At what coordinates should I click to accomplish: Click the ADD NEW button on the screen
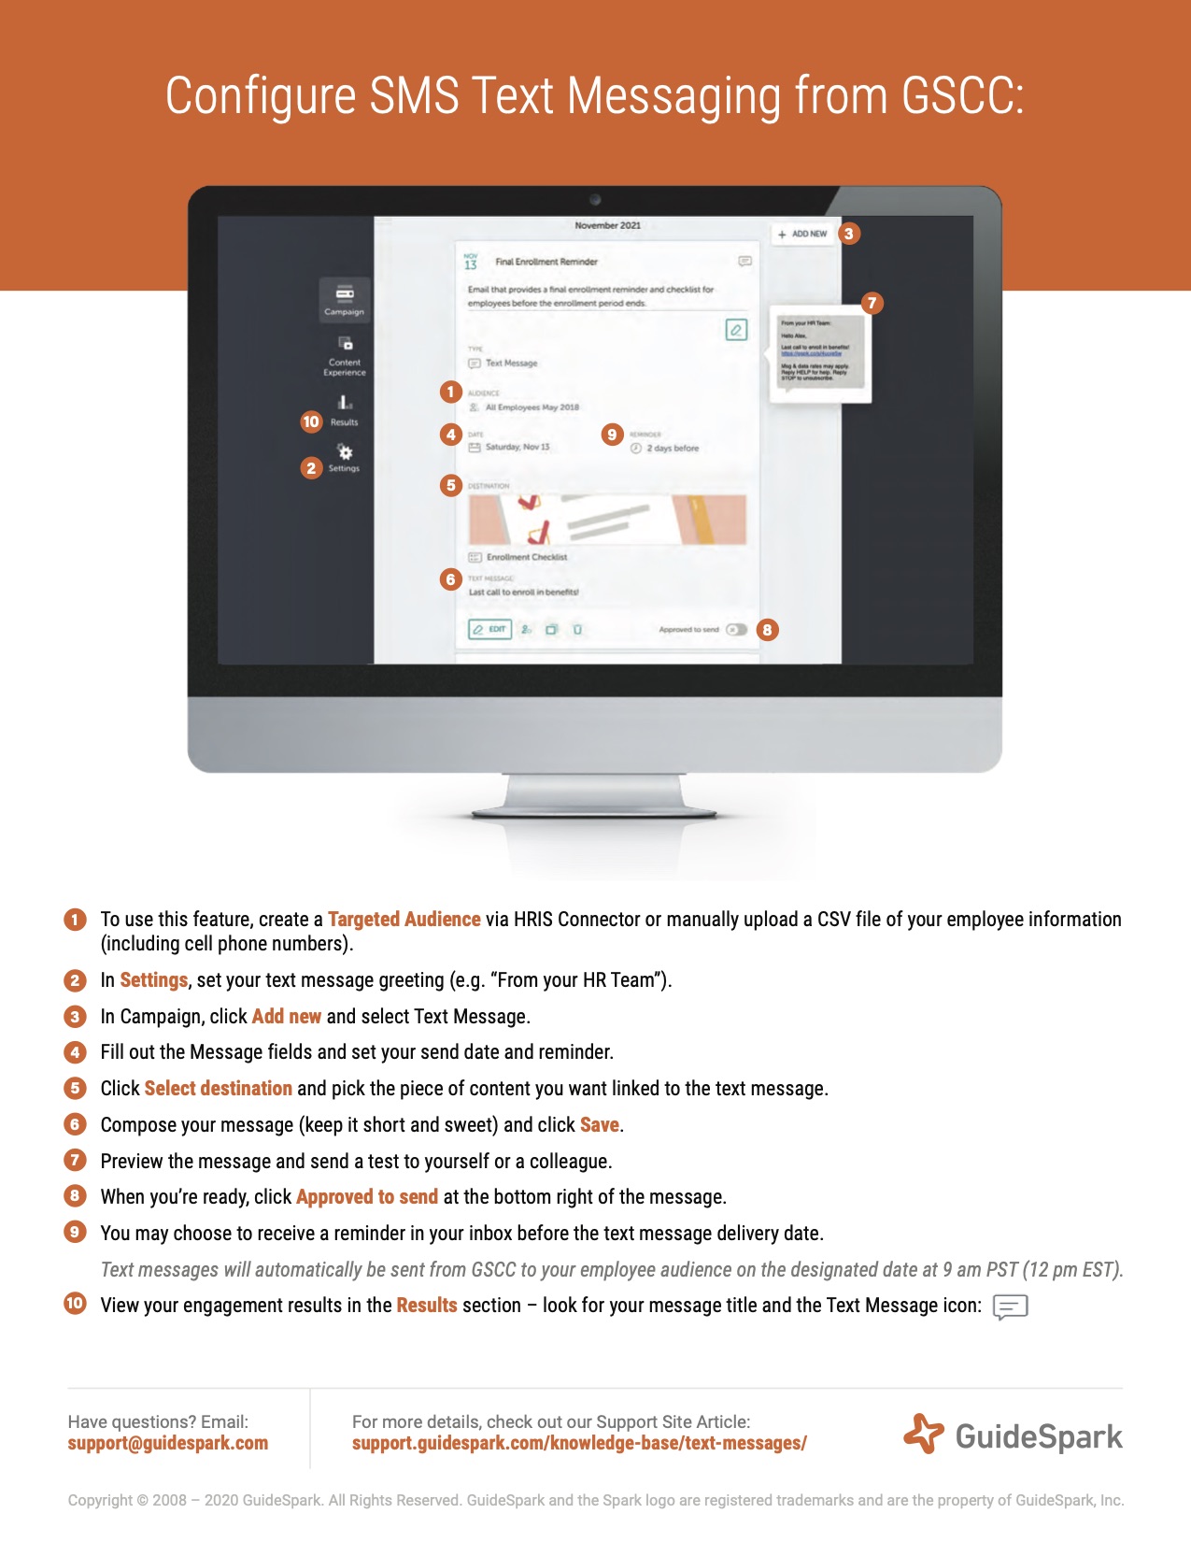[802, 234]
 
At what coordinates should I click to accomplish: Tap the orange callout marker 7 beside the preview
[872, 303]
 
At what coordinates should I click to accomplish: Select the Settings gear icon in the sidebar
[345, 452]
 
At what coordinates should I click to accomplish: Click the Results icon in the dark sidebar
[345, 403]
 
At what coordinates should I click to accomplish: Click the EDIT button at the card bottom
[489, 629]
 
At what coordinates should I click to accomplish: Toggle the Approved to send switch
[736, 629]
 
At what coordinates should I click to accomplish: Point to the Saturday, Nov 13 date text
[518, 447]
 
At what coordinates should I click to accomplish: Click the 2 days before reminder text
[673, 449]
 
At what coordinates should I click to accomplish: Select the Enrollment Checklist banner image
[607, 520]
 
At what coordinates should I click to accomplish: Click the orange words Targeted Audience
[404, 920]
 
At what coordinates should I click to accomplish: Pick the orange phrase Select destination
[218, 1089]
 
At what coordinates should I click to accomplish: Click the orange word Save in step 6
[599, 1125]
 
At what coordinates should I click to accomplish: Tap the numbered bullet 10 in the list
[75, 1304]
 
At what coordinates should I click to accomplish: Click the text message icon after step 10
[1010, 1306]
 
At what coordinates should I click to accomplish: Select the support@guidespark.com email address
[168, 1443]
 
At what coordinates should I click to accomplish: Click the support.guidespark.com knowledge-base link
[579, 1443]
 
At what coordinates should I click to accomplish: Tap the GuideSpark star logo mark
[923, 1434]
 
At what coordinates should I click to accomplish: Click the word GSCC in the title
[962, 95]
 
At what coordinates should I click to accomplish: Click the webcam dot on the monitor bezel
[595, 200]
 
